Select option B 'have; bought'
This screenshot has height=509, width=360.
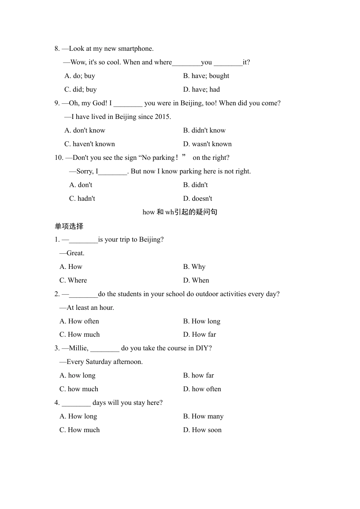(206, 76)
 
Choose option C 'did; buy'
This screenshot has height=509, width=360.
(80, 89)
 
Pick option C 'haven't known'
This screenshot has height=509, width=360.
(89, 144)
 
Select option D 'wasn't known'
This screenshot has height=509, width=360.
(207, 144)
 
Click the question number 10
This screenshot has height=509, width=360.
(59, 158)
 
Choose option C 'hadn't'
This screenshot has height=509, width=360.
(82, 198)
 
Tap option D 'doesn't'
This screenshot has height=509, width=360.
(197, 198)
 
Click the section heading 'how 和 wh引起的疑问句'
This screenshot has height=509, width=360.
(180, 212)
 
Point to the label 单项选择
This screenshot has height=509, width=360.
(69, 226)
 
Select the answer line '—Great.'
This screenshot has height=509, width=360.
(72, 253)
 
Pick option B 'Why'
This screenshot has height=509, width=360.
(194, 267)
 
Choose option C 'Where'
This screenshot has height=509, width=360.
(73, 280)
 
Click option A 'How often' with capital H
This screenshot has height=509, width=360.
(79, 321)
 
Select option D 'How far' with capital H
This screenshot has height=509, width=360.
(200, 334)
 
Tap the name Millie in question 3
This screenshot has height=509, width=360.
(78, 348)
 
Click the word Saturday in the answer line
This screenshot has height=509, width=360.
(99, 362)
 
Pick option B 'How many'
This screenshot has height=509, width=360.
(203, 416)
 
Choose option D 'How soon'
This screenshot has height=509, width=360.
(202, 430)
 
